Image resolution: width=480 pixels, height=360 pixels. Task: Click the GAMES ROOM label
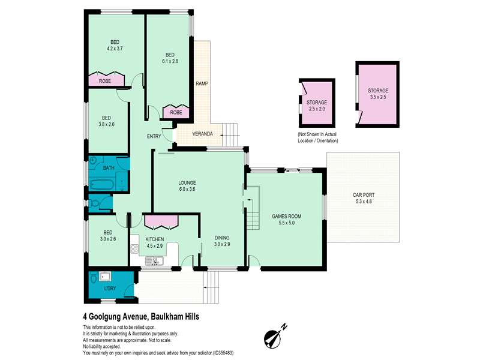pyautogui.click(x=287, y=217)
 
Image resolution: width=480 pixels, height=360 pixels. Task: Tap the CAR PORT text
pyautogui.click(x=364, y=195)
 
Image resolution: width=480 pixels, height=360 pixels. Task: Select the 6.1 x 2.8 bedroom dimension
pyautogui.click(x=170, y=61)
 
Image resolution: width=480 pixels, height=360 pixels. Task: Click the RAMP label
pyautogui.click(x=202, y=83)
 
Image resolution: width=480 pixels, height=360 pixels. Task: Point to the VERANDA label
pyautogui.click(x=202, y=134)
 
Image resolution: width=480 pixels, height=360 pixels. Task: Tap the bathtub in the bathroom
pyautogui.click(x=102, y=185)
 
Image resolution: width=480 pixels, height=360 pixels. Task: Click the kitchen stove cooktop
pyautogui.click(x=134, y=248)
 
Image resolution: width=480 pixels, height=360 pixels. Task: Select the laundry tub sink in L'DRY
pyautogui.click(x=104, y=277)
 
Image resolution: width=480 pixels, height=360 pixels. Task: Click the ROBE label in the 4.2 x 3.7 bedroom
pyautogui.click(x=104, y=81)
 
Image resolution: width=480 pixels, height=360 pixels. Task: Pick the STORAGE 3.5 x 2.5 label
pyautogui.click(x=378, y=94)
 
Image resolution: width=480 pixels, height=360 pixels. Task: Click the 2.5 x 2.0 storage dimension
pyautogui.click(x=317, y=109)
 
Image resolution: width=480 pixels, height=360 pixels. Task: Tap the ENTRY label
pyautogui.click(x=154, y=137)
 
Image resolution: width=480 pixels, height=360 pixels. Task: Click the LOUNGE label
pyautogui.click(x=187, y=183)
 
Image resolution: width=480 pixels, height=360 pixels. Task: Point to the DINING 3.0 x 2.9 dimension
pyautogui.click(x=222, y=244)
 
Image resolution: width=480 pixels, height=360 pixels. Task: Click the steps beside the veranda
pyautogui.click(x=230, y=134)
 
